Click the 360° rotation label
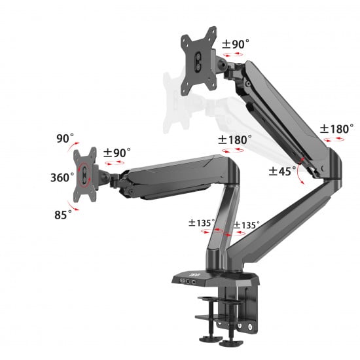tap(62, 177)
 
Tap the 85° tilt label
tap(62, 214)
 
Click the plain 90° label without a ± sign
tap(65, 139)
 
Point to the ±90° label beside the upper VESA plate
tap(235, 45)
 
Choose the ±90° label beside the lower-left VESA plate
tap(117, 152)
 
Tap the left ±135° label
tap(201, 223)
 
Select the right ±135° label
tap(246, 225)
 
